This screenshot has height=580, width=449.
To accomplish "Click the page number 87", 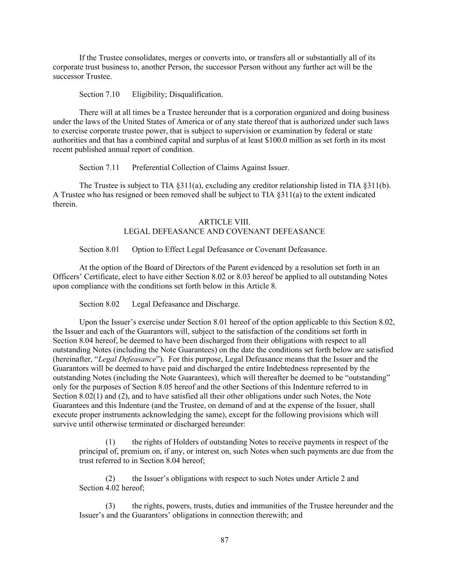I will pos(225,540).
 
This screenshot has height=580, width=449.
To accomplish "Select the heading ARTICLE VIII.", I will pos(224,222).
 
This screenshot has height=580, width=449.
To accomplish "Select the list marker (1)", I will pos(111,442).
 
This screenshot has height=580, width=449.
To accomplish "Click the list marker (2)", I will pos(111,478).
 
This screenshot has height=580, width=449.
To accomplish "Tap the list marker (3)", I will pos(111,506).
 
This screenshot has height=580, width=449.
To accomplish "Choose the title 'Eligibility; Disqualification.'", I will pos(177,94).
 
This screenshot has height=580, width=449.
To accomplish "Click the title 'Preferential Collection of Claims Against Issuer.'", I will pos(211,167).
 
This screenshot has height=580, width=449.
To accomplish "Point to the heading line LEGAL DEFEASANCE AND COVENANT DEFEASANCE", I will pos(224,232).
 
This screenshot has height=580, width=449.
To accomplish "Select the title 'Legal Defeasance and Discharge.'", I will pos(186,304).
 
